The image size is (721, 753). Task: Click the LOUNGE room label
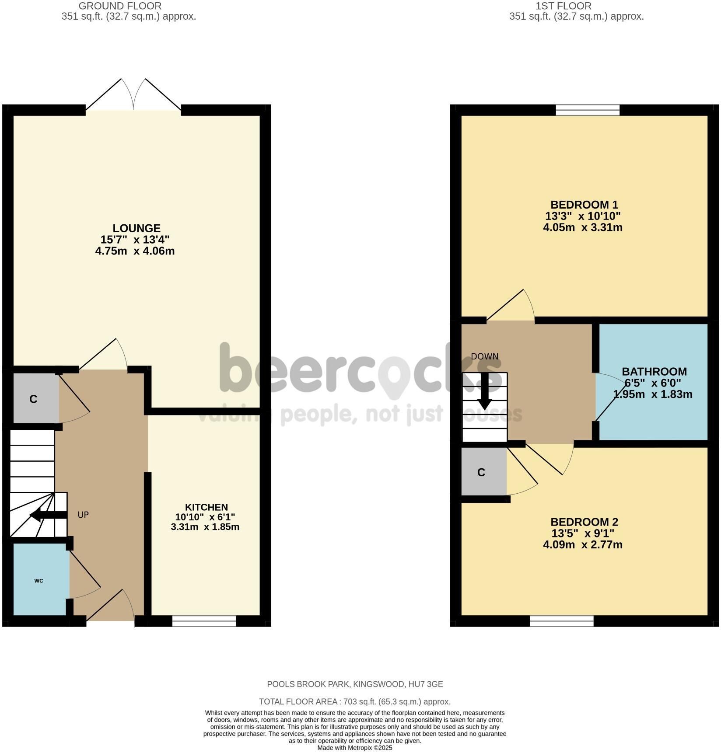[136, 228]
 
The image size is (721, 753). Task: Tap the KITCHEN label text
[206, 507]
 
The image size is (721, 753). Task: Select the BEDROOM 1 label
[584, 205]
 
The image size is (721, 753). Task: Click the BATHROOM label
[654, 372]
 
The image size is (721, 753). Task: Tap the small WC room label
[39, 581]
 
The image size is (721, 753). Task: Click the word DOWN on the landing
[485, 356]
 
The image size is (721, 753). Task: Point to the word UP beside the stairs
[83, 515]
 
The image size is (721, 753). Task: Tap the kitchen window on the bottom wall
[204, 621]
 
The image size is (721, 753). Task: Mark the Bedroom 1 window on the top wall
[588, 110]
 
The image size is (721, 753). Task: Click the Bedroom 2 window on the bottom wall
[562, 621]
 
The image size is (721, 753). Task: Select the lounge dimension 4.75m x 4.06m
[135, 251]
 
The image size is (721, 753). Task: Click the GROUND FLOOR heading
[120, 6]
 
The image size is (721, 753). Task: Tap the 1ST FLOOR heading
[563, 6]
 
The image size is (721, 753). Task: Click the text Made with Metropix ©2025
[355, 748]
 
